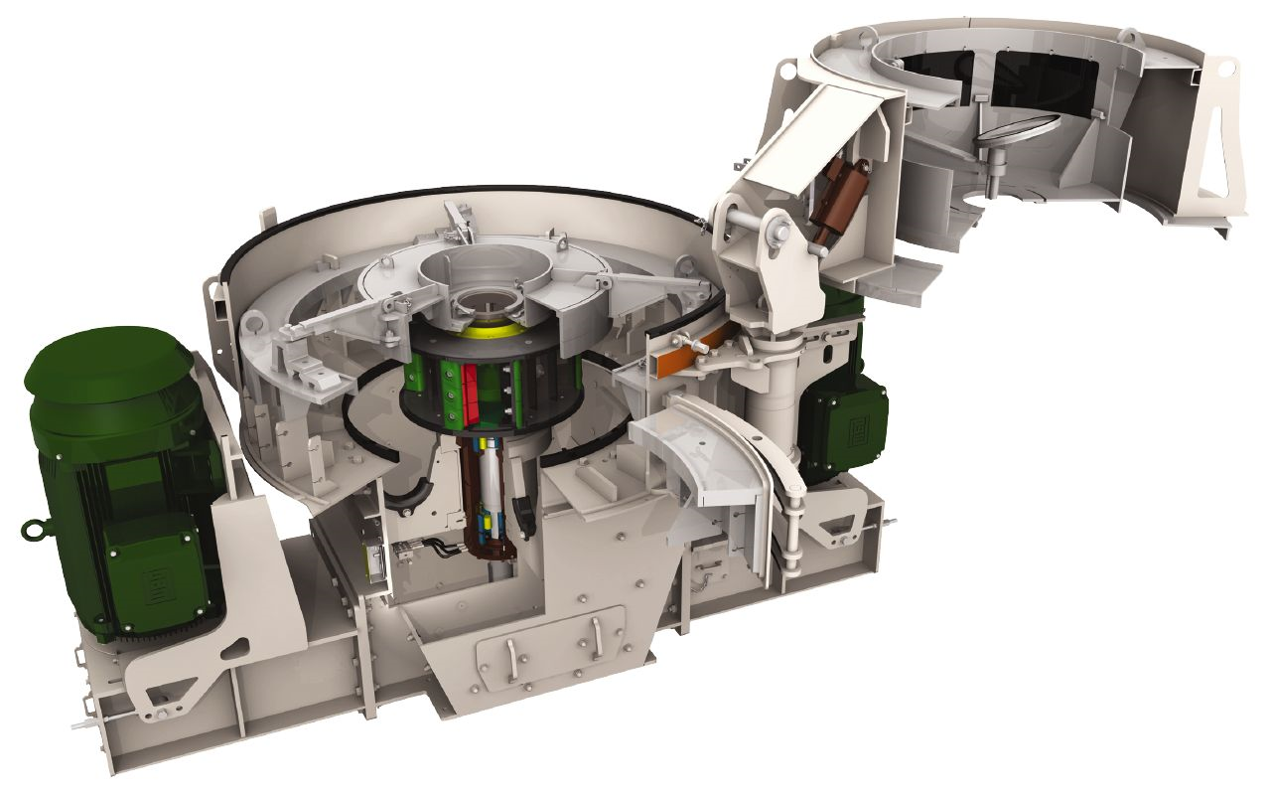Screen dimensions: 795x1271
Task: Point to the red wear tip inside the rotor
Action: coord(467,383)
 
